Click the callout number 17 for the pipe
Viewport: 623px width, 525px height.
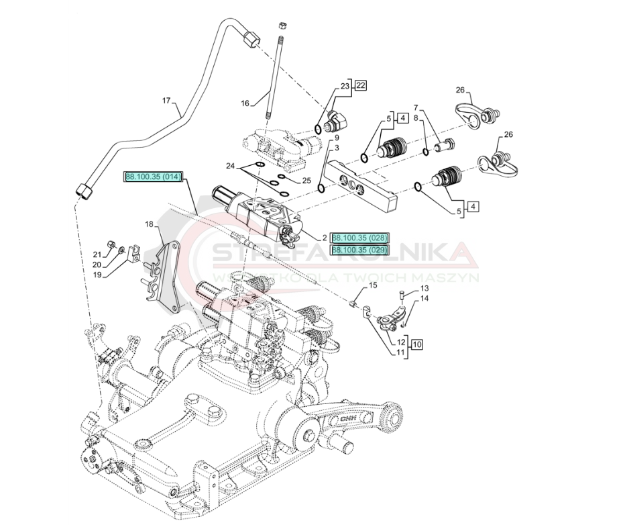167,101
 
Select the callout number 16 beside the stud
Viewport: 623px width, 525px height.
245,103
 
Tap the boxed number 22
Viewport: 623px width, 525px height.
361,85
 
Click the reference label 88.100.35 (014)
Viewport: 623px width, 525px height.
154,177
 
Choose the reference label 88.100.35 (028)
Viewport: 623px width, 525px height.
360,238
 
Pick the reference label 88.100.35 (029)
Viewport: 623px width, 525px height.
360,249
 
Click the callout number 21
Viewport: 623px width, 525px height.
97,254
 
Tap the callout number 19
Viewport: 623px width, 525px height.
97,275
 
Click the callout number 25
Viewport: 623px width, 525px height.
306,180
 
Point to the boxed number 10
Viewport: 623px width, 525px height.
417,344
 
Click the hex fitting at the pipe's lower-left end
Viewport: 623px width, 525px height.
84,192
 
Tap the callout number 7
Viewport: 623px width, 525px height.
416,107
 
